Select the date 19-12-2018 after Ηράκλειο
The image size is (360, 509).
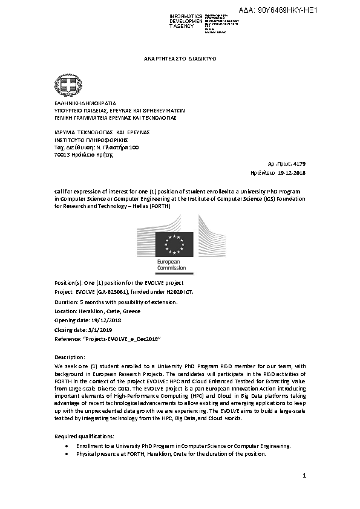tap(292, 172)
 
